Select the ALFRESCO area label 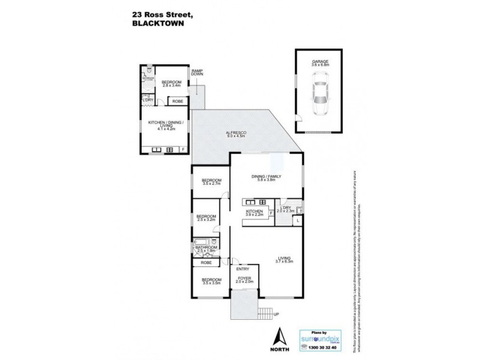click(236, 134)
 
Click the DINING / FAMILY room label click(266, 178)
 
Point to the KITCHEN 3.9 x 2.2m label click(255, 214)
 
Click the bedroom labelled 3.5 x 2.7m click(211, 182)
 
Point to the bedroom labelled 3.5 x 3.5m click(211, 281)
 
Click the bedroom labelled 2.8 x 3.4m click(165, 85)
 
